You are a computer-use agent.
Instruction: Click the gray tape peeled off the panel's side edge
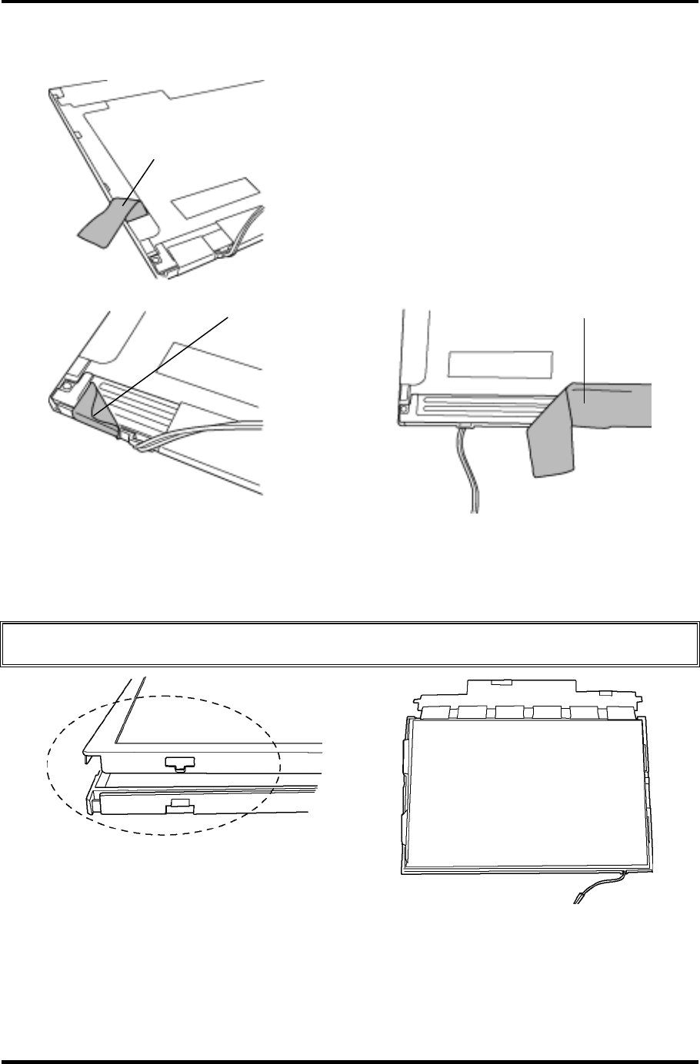pos(108,219)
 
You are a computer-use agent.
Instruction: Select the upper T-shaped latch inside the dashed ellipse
pos(178,763)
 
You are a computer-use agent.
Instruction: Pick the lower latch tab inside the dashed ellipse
pos(178,805)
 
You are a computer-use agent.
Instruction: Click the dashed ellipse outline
pos(48,761)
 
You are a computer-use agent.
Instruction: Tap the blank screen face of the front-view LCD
pos(523,792)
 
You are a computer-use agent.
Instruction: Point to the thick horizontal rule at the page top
pos(350,3)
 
